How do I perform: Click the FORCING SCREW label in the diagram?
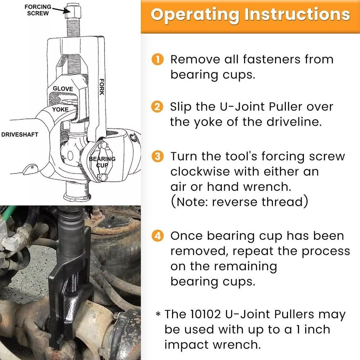[38, 10]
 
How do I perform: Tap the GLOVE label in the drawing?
[63, 89]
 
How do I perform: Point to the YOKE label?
[60, 109]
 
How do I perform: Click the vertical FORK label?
[102, 87]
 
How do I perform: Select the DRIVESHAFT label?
[20, 135]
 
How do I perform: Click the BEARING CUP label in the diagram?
[102, 162]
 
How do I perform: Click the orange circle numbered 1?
[158, 59]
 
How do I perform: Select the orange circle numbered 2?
[158, 107]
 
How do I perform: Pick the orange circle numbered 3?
[158, 157]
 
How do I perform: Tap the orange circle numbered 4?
[158, 236]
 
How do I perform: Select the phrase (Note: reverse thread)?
[239, 202]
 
